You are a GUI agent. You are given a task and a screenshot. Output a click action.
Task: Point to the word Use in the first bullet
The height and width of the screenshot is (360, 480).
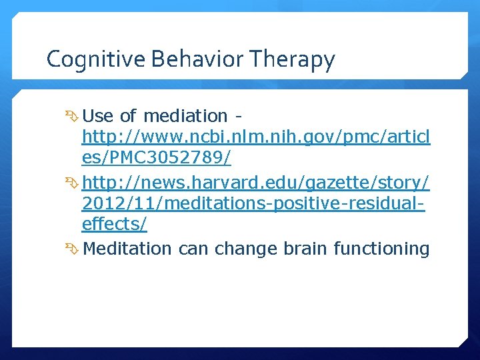click(x=99, y=116)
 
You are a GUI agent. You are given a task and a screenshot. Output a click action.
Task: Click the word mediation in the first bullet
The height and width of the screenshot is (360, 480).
click(x=185, y=116)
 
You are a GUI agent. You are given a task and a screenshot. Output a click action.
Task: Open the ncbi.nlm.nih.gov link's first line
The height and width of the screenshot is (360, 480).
click(x=256, y=138)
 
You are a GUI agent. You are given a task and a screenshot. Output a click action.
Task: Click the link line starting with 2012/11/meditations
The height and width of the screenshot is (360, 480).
click(x=253, y=204)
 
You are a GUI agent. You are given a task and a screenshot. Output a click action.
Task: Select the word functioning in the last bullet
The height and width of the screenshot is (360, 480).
click(x=382, y=249)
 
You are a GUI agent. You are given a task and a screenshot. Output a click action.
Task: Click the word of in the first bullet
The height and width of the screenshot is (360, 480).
click(x=129, y=116)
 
